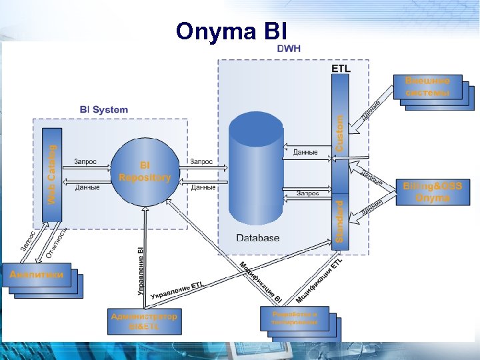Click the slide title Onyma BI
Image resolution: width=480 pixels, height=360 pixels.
[232, 31]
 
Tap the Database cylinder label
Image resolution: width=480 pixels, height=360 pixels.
[258, 237]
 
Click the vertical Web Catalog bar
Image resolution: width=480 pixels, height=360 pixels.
[51, 175]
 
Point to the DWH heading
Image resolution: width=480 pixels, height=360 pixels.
[289, 49]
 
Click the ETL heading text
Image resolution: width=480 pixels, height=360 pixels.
[341, 67]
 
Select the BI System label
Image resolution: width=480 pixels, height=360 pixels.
[103, 109]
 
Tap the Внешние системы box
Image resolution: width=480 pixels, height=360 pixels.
[432, 87]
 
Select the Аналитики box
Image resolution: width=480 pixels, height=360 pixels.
[37, 274]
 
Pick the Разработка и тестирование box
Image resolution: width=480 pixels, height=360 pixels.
[294, 318]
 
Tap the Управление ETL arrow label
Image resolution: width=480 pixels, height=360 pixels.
[177, 290]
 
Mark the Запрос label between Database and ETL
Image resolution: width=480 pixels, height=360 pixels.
[307, 193]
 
